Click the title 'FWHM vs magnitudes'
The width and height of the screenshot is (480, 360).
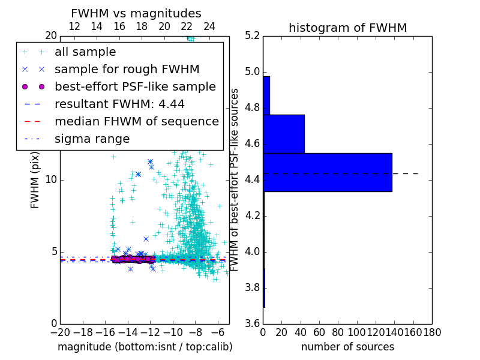(136, 13)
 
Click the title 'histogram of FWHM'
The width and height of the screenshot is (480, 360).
(347, 28)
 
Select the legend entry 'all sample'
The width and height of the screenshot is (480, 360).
(85, 52)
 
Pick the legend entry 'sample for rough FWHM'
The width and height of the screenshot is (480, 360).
(127, 70)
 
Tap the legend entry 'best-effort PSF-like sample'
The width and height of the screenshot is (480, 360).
(135, 87)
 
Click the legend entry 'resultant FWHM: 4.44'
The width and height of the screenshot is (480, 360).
(119, 104)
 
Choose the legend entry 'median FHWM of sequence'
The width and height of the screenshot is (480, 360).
(136, 122)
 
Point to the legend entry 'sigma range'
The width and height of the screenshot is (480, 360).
(92, 139)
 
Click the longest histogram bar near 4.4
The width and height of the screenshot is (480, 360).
(327, 172)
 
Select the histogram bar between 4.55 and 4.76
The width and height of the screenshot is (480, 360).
(283, 134)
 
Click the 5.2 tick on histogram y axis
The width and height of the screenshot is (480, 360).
(253, 36)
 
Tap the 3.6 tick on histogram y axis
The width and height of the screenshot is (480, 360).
(253, 323)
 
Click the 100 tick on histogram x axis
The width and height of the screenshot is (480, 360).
(357, 332)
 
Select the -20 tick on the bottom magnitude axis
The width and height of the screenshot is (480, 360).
(60, 332)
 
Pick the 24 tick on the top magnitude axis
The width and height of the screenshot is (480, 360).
(209, 27)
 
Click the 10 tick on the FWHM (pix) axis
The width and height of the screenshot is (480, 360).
(51, 180)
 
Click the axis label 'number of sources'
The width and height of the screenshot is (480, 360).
(347, 347)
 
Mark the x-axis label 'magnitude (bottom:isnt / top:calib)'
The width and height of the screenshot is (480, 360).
(145, 347)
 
